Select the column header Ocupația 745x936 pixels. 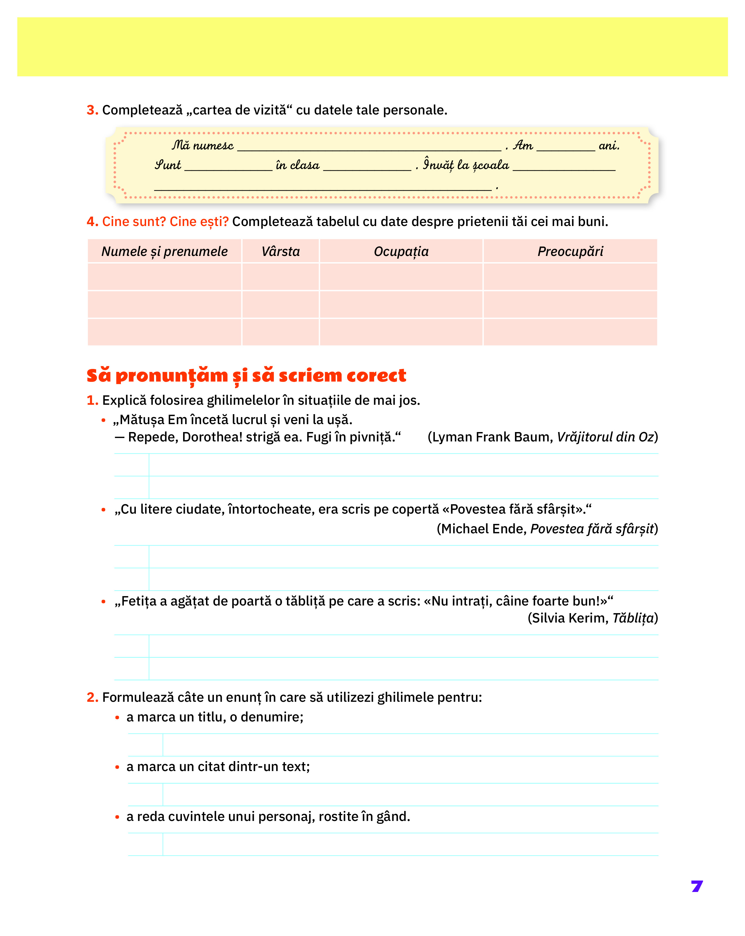pos(401,251)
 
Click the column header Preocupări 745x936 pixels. pos(570,251)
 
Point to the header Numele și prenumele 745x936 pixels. pos(164,251)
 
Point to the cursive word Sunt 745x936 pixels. pos(168,165)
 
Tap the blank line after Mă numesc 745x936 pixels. pos(369,148)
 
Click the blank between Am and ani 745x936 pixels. pos(565,148)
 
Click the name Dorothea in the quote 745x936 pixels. pos(212,437)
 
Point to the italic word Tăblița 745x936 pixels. pos(633,618)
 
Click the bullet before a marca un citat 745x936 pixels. pos(117,767)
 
